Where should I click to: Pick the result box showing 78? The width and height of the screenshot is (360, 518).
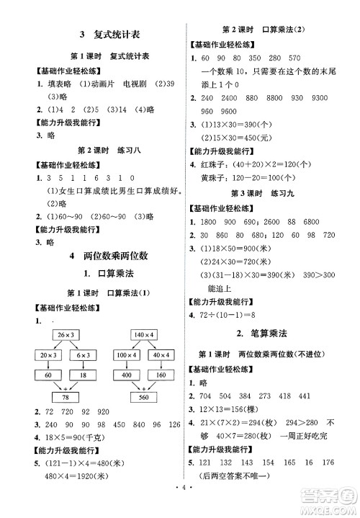click(x=66, y=398)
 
